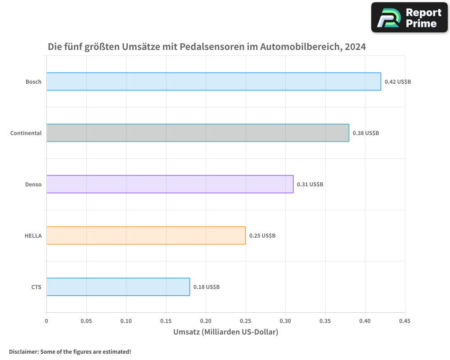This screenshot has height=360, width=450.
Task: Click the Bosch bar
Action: (x=213, y=81)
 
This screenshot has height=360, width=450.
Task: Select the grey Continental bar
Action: (x=198, y=133)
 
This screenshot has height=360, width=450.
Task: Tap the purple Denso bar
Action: (x=170, y=184)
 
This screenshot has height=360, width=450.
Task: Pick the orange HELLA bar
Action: (x=146, y=235)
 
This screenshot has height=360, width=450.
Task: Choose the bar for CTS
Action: (x=118, y=287)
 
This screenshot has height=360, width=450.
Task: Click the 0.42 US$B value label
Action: (x=398, y=82)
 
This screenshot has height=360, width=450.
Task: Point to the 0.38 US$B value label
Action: (x=366, y=133)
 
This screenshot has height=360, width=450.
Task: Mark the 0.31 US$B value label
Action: (x=310, y=184)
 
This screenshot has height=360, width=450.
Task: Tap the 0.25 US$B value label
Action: (x=262, y=236)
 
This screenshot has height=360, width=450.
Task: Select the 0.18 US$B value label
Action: (x=207, y=287)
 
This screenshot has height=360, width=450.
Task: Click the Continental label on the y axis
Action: (x=26, y=133)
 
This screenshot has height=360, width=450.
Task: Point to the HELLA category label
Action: (x=33, y=236)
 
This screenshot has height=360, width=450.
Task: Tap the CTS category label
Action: (x=36, y=287)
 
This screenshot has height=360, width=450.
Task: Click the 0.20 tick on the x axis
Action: (x=206, y=321)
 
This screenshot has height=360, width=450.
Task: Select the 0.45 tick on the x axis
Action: (x=405, y=321)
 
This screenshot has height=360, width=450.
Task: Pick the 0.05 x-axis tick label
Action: (x=86, y=321)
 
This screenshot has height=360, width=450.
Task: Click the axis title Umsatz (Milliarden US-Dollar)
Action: (x=225, y=332)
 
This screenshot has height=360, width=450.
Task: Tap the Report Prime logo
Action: (x=409, y=18)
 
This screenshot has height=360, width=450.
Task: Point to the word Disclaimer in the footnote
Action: (x=23, y=351)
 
